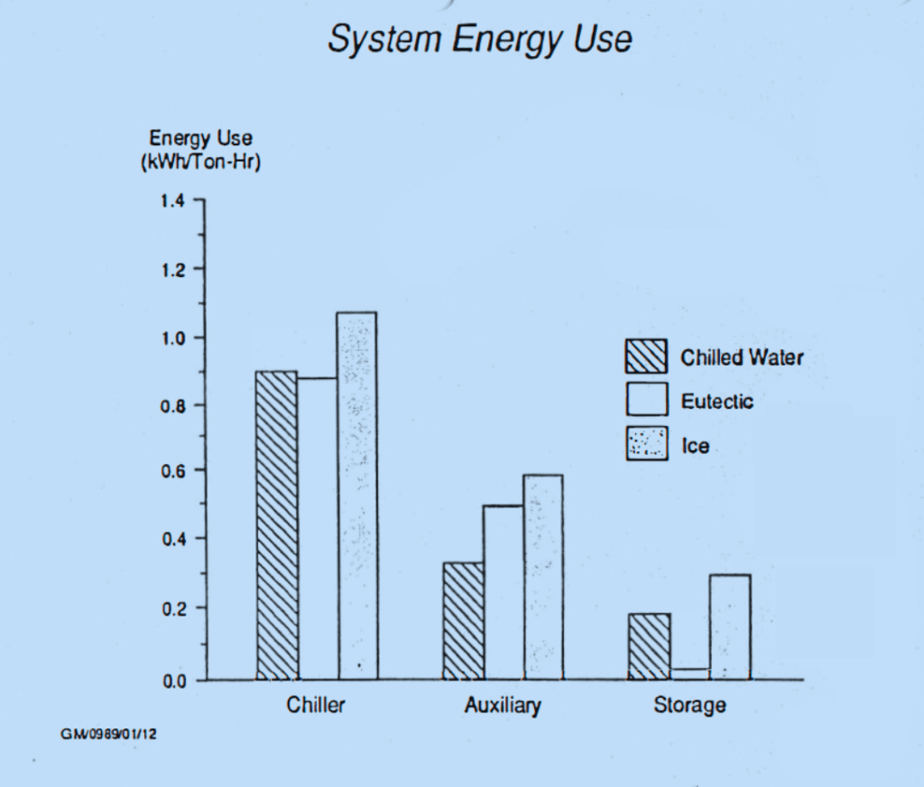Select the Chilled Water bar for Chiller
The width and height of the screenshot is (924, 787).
276,525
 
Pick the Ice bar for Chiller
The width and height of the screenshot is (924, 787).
357,495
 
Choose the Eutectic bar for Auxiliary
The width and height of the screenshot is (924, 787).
504,592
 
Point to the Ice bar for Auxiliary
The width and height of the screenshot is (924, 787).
542,577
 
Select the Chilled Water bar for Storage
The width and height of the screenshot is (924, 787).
649,646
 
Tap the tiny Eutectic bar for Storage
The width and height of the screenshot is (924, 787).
689,673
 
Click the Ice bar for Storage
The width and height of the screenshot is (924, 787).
729,626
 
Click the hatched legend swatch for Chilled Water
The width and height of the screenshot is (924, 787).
646,356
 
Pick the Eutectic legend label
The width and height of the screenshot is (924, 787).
716,402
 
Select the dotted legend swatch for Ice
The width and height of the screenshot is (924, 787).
646,443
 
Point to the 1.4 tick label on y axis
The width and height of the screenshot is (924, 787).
172,200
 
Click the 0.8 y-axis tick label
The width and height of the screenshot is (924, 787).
172,406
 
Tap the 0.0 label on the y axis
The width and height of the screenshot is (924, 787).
172,681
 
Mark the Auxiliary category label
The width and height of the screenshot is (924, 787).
503,705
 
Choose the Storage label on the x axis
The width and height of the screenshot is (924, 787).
689,705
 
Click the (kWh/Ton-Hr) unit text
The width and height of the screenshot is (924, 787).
201,164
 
